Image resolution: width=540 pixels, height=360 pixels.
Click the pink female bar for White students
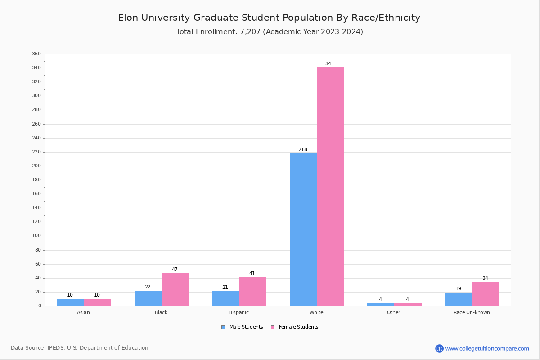(x=330, y=187)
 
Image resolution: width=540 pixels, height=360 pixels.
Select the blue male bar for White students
(x=303, y=229)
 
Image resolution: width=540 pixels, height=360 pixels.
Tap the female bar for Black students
(x=175, y=289)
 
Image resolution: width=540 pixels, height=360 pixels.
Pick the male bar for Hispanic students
(x=225, y=298)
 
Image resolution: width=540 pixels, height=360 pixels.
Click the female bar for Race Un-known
(x=486, y=294)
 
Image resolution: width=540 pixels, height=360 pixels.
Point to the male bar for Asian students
(x=70, y=302)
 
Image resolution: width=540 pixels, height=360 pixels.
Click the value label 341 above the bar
(x=330, y=64)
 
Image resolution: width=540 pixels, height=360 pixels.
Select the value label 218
(x=303, y=150)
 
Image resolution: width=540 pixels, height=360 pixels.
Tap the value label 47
(x=175, y=270)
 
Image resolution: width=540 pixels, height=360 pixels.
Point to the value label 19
(x=458, y=289)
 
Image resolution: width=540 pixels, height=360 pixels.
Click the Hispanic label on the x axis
(x=238, y=312)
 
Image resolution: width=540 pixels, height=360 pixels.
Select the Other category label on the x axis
(x=393, y=312)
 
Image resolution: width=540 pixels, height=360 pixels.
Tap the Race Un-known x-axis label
(x=472, y=312)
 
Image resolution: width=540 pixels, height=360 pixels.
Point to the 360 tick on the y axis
(x=36, y=54)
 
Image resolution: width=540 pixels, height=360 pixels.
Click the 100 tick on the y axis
(x=36, y=236)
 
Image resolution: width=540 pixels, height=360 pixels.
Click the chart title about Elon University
(x=269, y=18)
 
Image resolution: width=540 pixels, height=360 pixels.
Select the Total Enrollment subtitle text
(x=270, y=32)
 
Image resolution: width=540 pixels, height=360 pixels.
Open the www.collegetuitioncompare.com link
(x=487, y=348)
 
